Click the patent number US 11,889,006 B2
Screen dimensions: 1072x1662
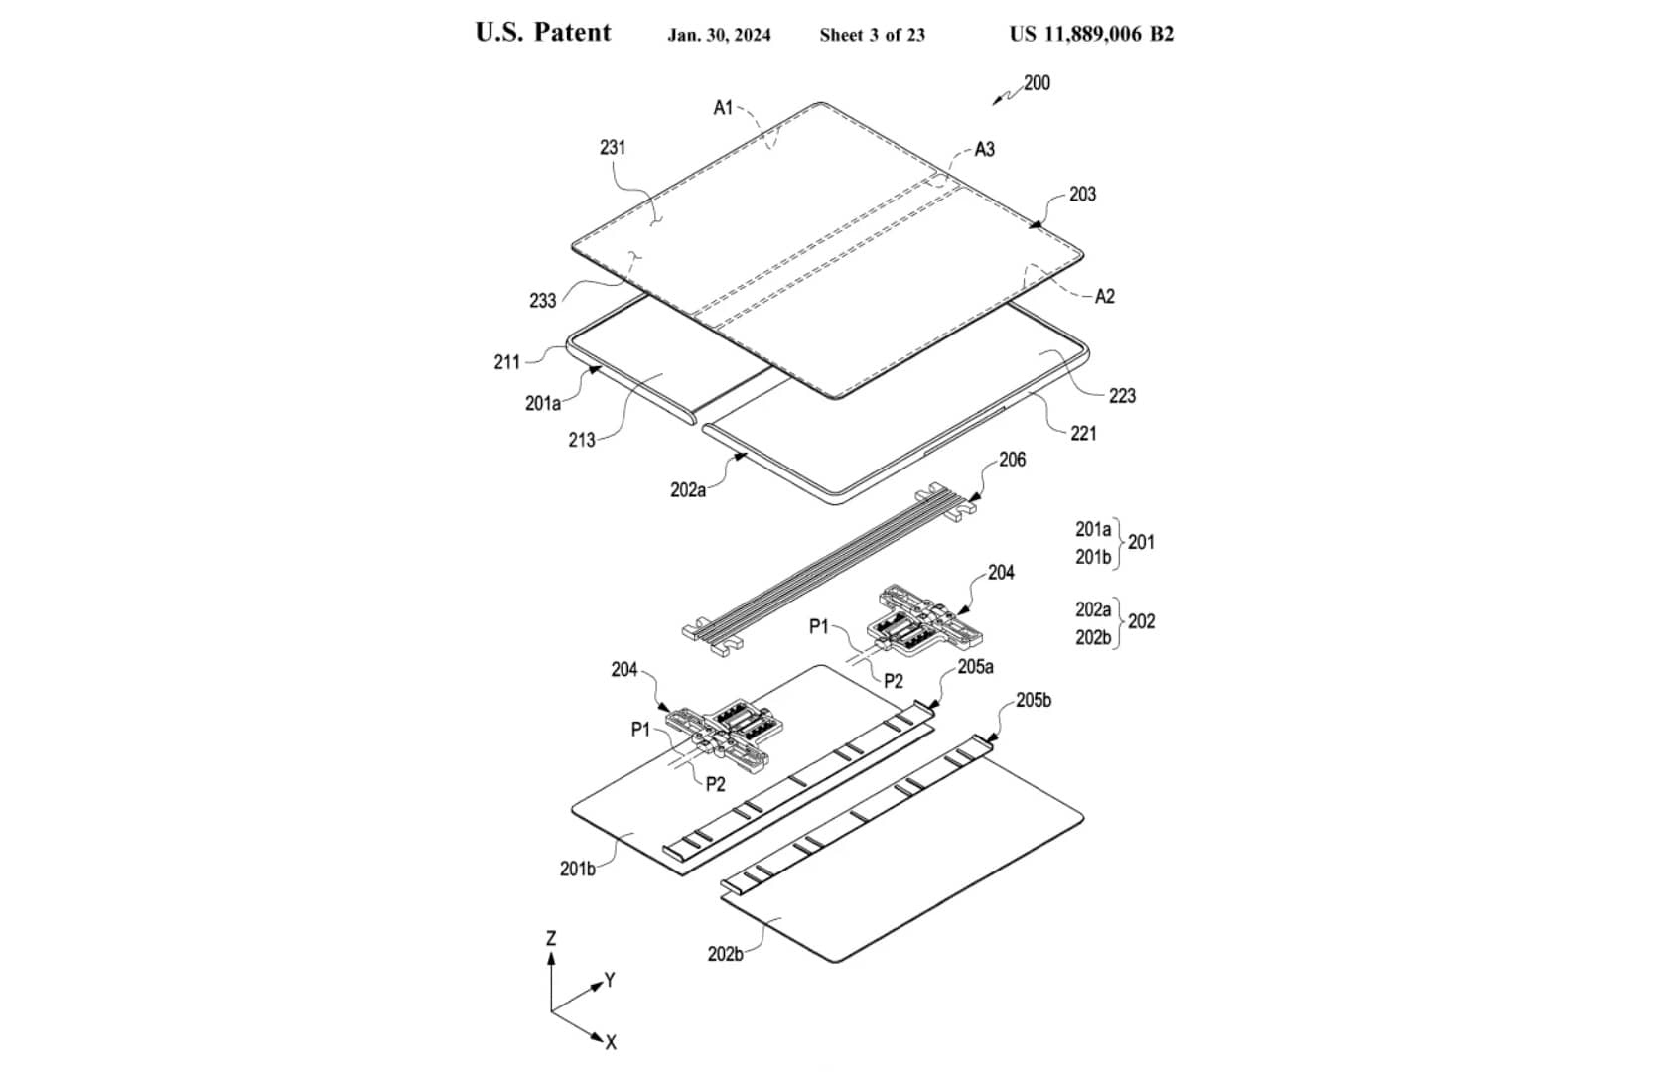(x=1091, y=34)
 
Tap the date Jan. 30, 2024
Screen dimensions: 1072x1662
(x=719, y=35)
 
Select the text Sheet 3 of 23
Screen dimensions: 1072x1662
(x=872, y=35)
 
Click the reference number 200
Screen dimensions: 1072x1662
(x=1037, y=82)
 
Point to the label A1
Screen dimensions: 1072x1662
(x=723, y=107)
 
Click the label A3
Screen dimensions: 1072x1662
(x=984, y=149)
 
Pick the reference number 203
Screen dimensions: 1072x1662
(x=1082, y=194)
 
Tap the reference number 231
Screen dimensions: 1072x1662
(x=613, y=147)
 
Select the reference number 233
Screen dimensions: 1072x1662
(x=542, y=300)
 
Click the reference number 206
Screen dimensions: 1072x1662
(x=1012, y=460)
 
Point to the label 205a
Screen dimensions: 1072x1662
(x=975, y=667)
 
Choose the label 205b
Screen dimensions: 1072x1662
(x=1033, y=700)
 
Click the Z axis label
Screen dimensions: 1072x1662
(x=551, y=938)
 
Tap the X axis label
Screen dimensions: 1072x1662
(x=611, y=1042)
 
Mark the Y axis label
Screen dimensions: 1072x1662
(x=610, y=981)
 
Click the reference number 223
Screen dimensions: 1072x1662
(x=1122, y=395)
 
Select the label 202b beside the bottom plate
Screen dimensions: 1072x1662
(x=724, y=954)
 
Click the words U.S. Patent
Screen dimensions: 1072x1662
(x=542, y=33)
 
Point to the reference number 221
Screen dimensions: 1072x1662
(x=1083, y=433)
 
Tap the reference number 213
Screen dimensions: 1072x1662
(x=581, y=439)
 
